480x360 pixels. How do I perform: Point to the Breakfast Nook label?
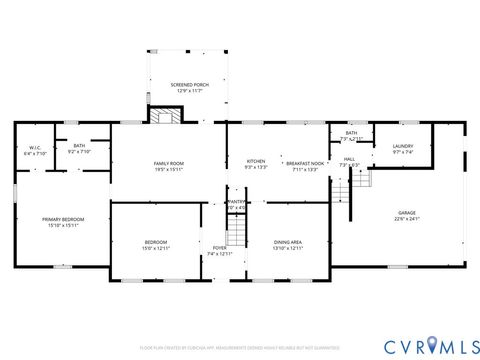click(304, 162)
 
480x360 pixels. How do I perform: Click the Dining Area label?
click(288, 241)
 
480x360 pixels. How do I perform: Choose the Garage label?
click(407, 212)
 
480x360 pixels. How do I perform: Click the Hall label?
click(349, 158)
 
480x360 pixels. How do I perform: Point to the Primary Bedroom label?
click(63, 218)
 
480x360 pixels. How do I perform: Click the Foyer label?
click(219, 248)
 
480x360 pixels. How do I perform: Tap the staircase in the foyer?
click(236, 232)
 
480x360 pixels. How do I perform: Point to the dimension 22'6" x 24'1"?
click(407, 218)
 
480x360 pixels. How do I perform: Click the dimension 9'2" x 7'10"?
click(79, 153)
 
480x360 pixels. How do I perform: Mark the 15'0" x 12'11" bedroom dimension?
click(155, 247)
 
